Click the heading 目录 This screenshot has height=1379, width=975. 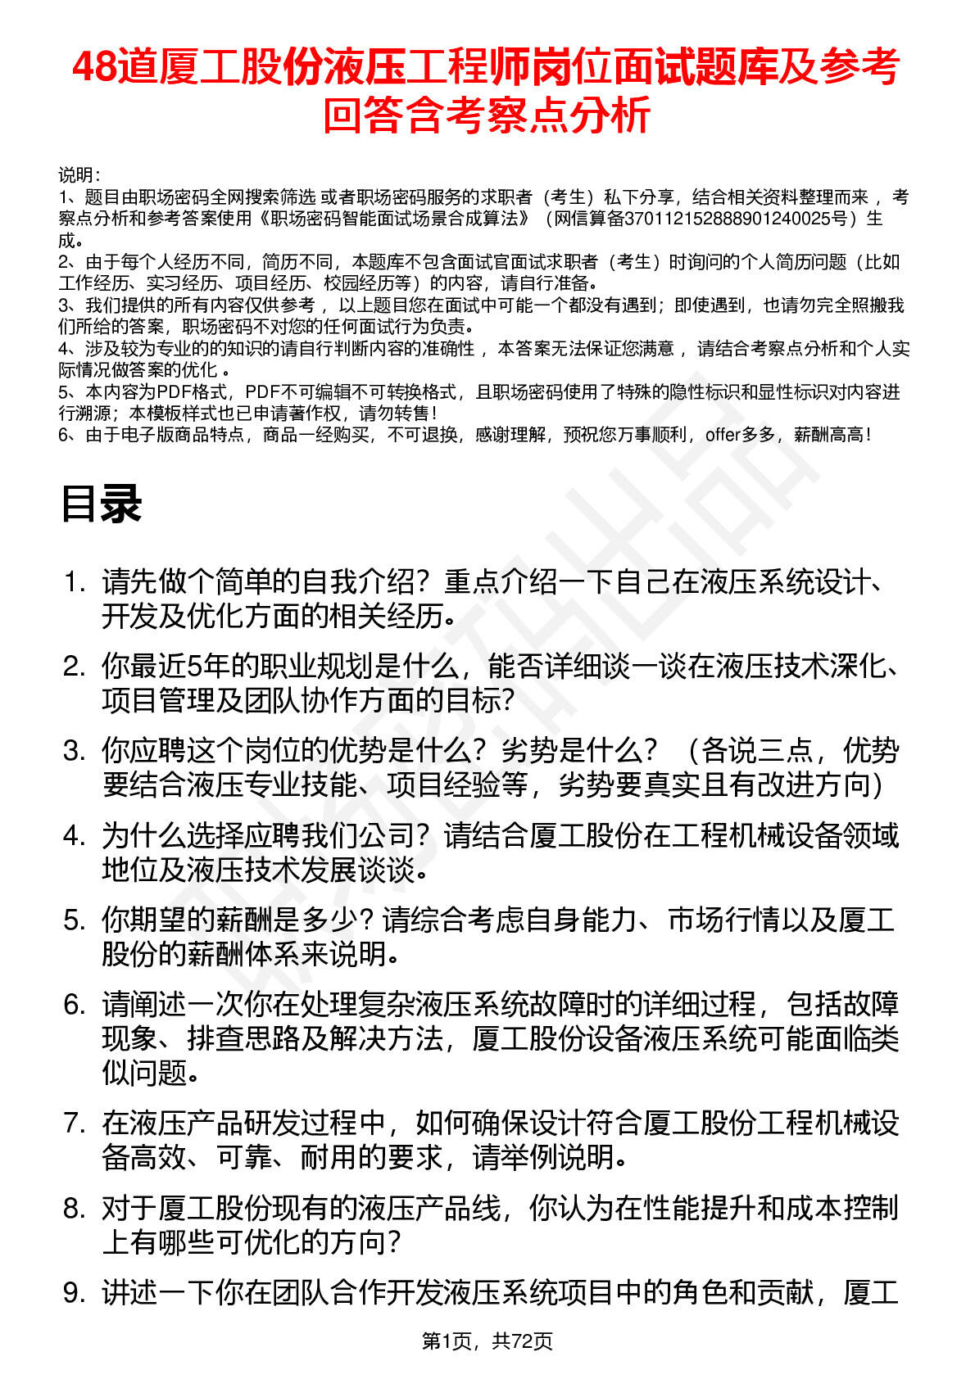(102, 504)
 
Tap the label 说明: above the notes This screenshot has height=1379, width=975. (79, 175)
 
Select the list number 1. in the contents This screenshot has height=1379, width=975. (75, 583)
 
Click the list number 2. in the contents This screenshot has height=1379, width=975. (75, 667)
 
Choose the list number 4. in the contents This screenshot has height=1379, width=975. (75, 836)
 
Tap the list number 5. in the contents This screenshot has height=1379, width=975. (75, 920)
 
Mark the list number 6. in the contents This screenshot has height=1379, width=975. (75, 1005)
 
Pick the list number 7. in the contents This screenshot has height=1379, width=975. (75, 1124)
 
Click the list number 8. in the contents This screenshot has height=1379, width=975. (75, 1209)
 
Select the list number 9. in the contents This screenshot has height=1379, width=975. (75, 1293)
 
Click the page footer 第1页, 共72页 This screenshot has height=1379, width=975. (487, 1341)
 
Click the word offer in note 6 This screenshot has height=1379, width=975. (723, 435)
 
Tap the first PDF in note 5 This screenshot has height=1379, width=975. (173, 392)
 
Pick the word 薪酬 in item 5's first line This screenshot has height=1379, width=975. (243, 920)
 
